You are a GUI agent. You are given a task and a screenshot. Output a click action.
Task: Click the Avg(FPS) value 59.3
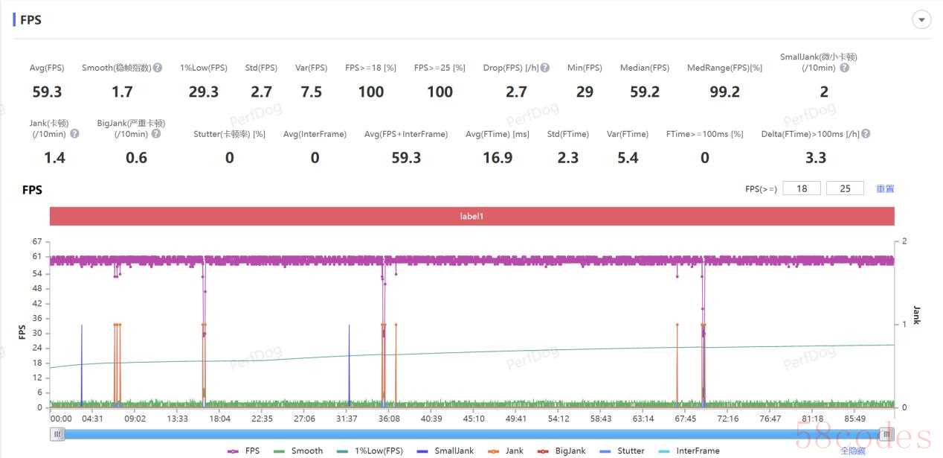(47, 92)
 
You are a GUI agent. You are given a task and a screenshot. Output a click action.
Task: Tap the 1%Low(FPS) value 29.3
(203, 92)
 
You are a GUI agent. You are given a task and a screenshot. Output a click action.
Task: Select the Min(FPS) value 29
(585, 92)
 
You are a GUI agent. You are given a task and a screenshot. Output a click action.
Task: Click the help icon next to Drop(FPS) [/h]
(545, 68)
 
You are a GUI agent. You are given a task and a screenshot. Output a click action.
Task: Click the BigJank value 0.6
(136, 157)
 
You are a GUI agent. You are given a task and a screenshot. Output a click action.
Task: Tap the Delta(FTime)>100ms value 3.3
(816, 157)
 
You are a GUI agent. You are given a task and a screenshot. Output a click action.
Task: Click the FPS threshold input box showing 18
(802, 188)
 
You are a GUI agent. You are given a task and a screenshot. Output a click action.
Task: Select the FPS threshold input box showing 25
(845, 188)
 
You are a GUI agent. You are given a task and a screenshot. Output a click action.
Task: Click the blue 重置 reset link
(885, 188)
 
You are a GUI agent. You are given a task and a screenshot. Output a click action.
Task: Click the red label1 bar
(471, 216)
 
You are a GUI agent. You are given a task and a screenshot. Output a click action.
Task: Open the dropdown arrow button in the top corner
(921, 20)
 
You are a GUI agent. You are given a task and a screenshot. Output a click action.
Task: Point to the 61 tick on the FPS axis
(36, 257)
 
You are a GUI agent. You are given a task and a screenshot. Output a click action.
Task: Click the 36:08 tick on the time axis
(389, 419)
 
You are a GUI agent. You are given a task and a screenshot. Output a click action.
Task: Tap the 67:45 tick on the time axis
(686, 419)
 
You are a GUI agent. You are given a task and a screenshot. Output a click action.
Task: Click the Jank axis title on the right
(917, 315)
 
